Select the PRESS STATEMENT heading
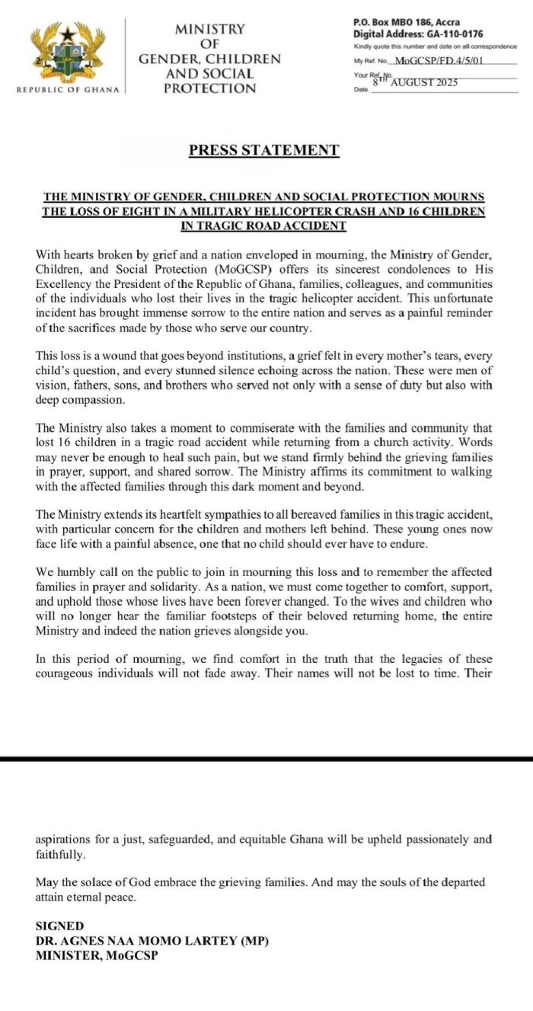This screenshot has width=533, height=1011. (x=264, y=150)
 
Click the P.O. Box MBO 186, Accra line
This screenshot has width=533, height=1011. (x=406, y=23)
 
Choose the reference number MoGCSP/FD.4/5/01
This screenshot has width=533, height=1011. (x=445, y=60)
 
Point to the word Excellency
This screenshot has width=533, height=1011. (x=63, y=283)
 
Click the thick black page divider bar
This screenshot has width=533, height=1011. (x=266, y=759)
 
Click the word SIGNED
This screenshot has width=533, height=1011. (x=59, y=926)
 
